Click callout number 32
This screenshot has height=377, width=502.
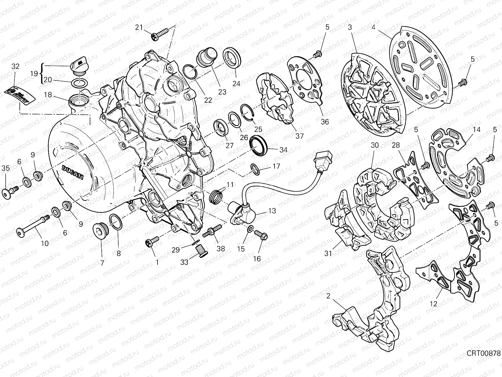coord(15,66)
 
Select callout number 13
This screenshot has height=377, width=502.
coord(272,211)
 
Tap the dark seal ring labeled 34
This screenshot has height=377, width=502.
coord(259,145)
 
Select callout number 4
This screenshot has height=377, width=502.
coord(373,27)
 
